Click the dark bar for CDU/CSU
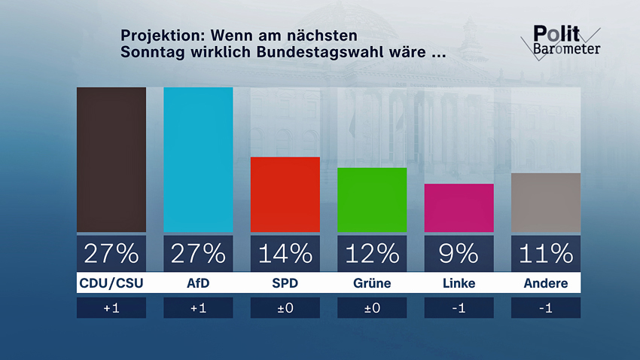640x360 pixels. click(111, 160)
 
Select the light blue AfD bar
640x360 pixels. click(198, 160)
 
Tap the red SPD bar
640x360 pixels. click(285, 194)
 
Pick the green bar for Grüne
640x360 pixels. click(372, 200)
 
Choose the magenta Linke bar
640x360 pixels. click(459, 208)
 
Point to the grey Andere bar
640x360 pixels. click(546, 203)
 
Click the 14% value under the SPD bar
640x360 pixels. click(285, 254)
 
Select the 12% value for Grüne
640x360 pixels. click(372, 254)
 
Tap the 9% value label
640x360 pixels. click(459, 254)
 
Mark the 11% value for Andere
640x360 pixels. click(546, 254)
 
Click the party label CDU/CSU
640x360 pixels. click(111, 284)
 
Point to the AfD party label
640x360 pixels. click(198, 284)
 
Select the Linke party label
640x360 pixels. click(459, 284)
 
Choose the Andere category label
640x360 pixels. click(546, 284)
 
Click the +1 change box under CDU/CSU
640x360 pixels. click(111, 308)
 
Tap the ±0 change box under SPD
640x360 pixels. click(285, 308)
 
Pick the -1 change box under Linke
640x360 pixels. click(459, 308)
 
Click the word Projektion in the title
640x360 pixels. click(163, 36)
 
